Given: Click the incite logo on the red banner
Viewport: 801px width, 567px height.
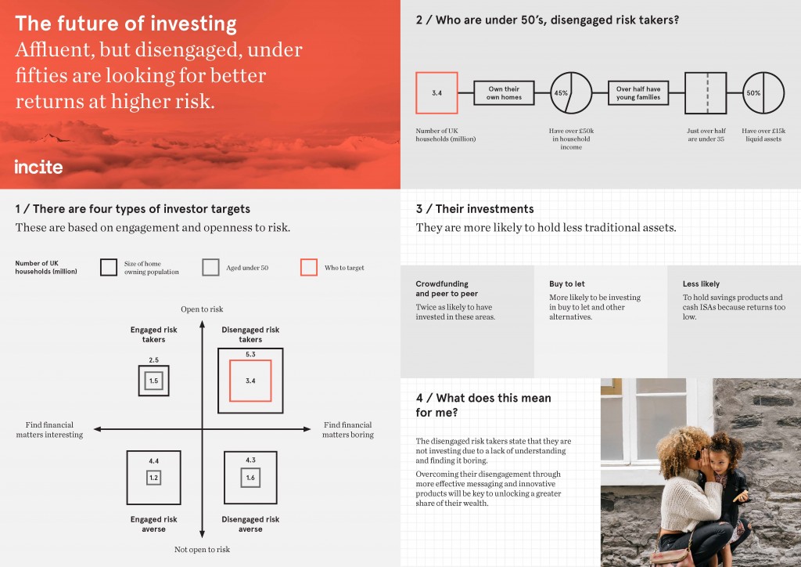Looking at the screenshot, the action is [x=38, y=167].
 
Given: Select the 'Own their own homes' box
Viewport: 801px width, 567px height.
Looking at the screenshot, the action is [x=504, y=92].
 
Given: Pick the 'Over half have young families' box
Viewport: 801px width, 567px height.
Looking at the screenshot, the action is [x=638, y=92].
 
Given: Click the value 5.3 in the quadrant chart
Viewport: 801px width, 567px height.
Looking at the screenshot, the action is [x=250, y=354].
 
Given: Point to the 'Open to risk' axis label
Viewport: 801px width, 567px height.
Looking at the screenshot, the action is [x=202, y=309].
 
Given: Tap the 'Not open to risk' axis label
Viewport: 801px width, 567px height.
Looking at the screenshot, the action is [x=202, y=549].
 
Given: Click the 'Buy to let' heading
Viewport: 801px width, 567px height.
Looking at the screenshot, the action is [x=567, y=283].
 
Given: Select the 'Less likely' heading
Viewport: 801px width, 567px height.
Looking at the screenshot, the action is [x=701, y=283].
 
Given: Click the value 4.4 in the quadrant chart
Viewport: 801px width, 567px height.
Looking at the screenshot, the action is [x=154, y=460].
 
